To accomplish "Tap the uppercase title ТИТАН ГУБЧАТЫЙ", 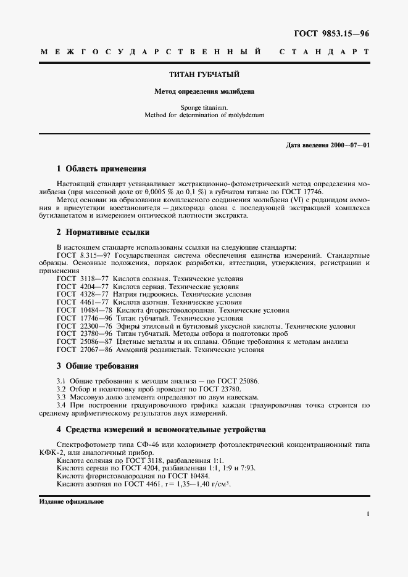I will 204,75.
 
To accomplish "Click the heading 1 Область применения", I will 101,168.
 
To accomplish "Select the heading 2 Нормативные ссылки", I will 102,232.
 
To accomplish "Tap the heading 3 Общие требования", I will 98,366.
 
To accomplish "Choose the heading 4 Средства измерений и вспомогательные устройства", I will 160,429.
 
